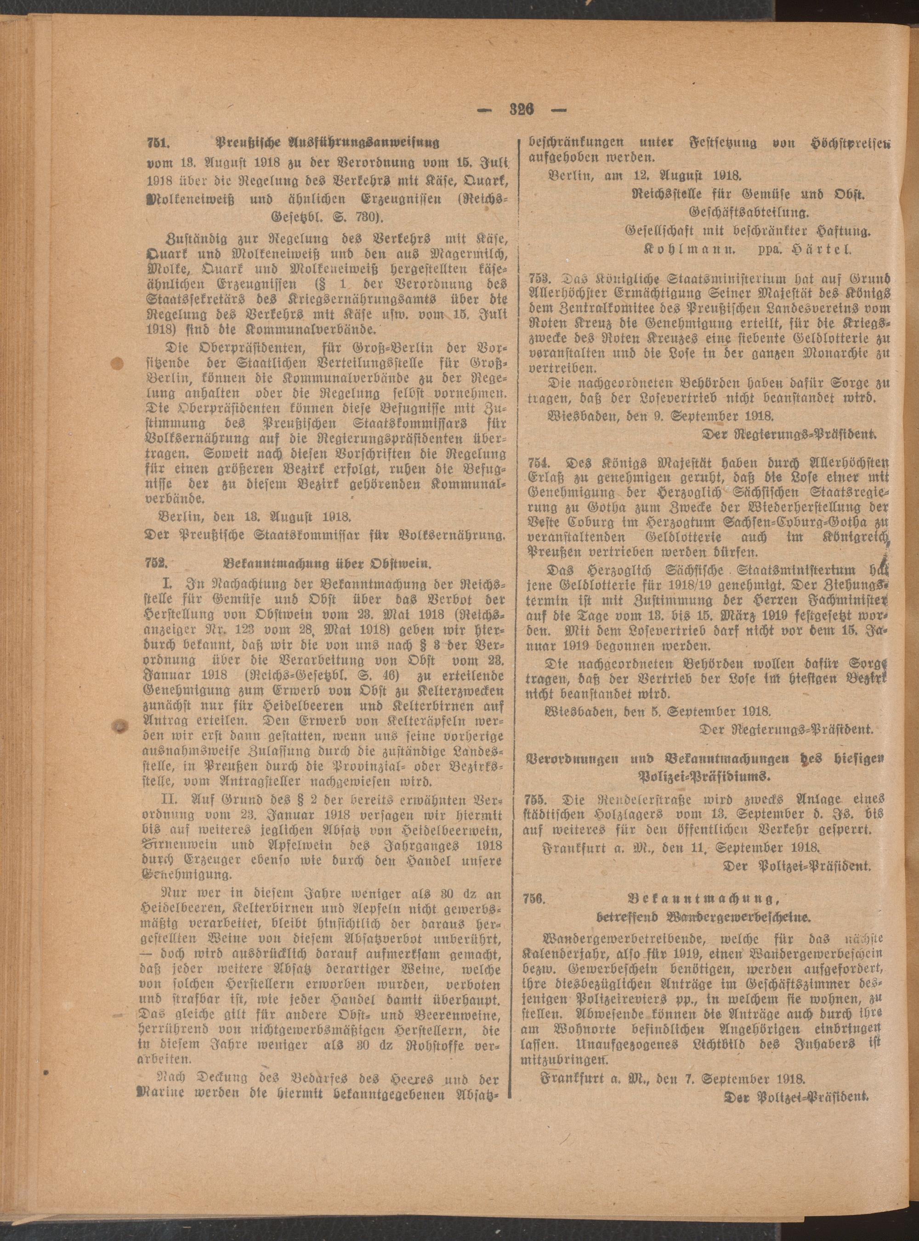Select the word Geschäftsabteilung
pos(748,212)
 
